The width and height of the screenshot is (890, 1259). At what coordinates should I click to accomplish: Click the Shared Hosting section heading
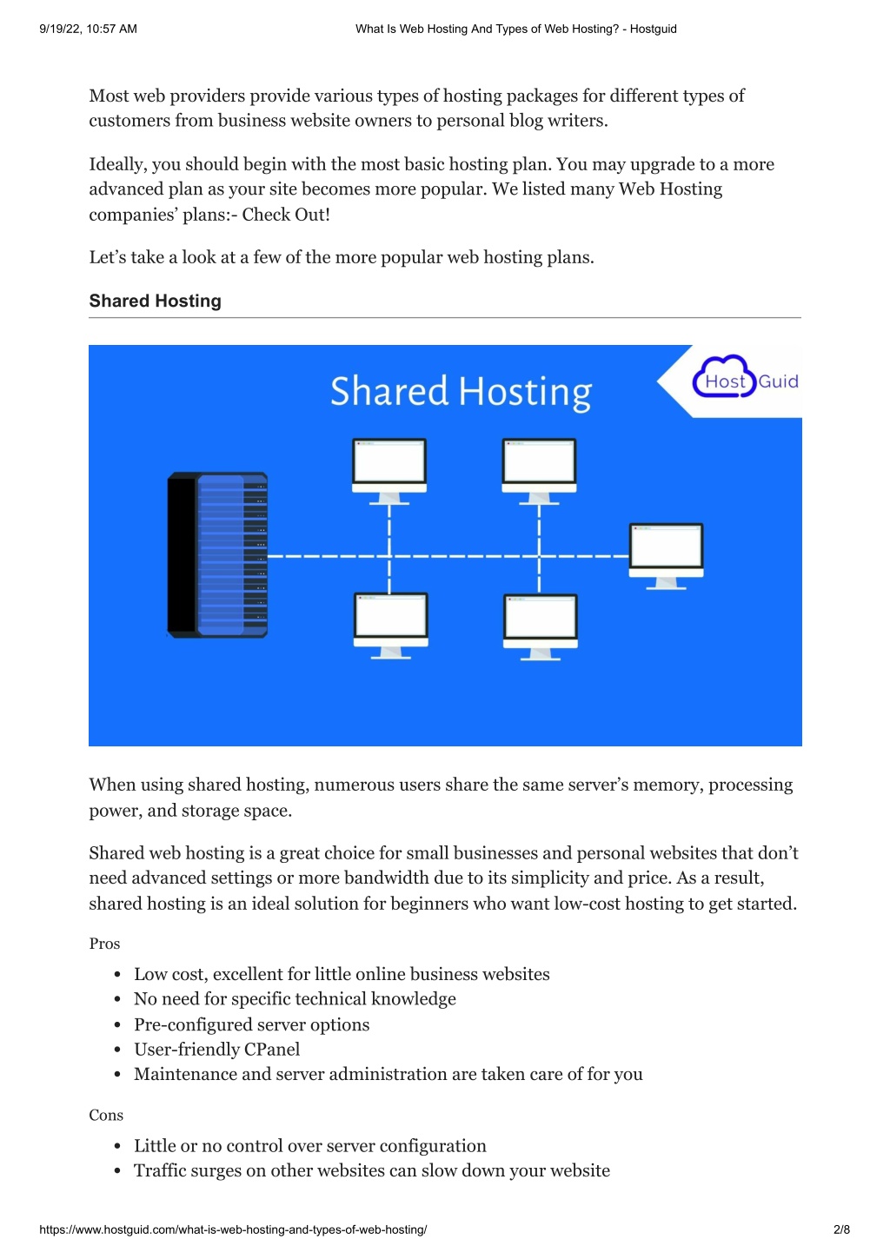click(155, 301)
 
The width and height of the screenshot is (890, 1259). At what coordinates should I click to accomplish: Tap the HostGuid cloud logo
click(745, 377)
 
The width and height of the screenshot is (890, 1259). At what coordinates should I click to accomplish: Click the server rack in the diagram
click(217, 554)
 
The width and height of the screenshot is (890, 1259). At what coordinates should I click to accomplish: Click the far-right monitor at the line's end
click(666, 556)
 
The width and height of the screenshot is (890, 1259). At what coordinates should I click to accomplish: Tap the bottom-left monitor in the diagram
click(391, 626)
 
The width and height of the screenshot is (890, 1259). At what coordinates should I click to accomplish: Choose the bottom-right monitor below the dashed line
click(541, 626)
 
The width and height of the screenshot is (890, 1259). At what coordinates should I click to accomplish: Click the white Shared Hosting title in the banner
click(461, 392)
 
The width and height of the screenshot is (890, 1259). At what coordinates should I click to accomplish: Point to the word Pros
click(104, 943)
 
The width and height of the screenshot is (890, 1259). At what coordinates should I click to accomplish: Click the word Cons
click(106, 1115)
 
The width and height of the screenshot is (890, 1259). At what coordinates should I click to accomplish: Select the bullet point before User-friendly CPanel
click(117, 1050)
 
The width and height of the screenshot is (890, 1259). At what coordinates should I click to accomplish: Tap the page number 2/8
click(841, 1229)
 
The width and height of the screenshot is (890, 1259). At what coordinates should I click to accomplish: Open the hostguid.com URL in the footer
click(233, 1229)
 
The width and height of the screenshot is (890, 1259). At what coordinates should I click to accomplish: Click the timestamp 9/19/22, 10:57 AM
click(89, 29)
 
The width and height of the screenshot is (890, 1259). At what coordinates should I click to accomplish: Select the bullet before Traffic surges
click(117, 1170)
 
